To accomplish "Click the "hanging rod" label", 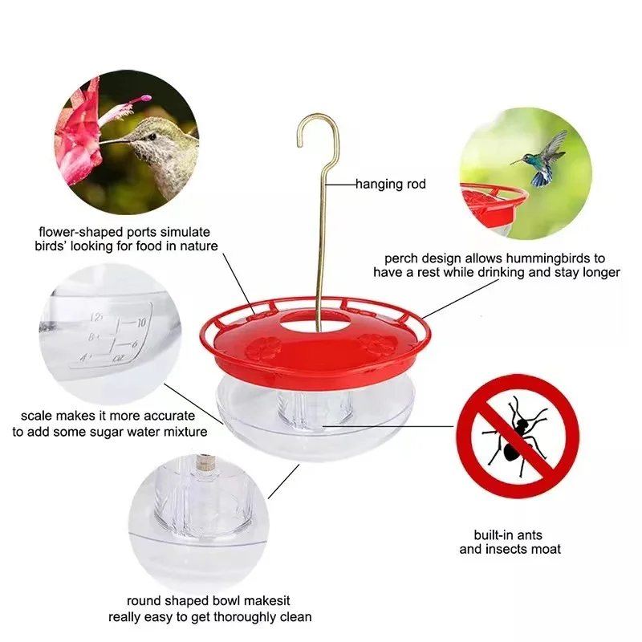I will click(x=392, y=185).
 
